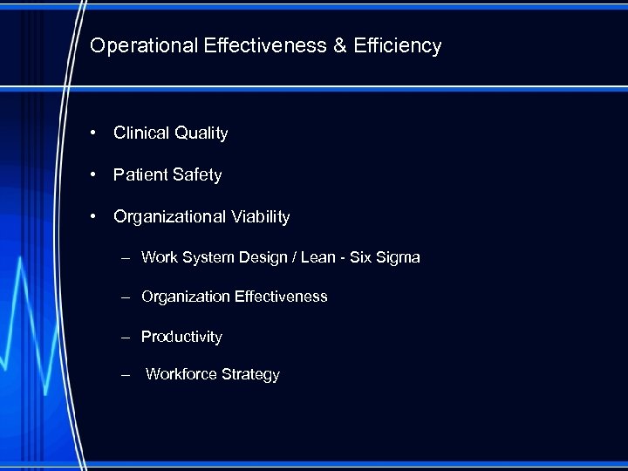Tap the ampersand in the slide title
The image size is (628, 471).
point(339,45)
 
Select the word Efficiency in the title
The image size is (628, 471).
point(398,45)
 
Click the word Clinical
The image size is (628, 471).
point(141,133)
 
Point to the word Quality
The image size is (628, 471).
point(201,133)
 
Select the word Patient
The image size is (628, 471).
point(140,175)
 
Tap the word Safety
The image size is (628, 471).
point(197,175)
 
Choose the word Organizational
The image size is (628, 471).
point(170,216)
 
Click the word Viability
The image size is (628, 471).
point(260,216)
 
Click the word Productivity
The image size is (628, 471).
point(181,337)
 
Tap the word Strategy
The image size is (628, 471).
point(250,374)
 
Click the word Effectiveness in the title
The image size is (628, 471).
point(263,45)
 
